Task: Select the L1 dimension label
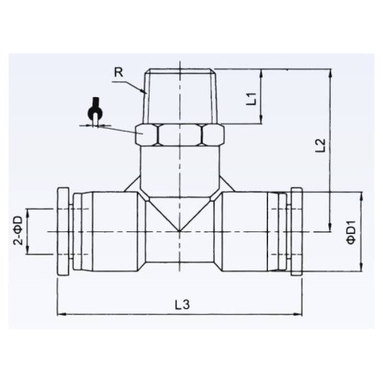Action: pos(251,96)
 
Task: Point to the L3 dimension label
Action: pos(182,304)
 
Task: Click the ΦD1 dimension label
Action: pos(350,232)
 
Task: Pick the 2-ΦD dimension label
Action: pos(18,232)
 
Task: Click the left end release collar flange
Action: pos(63,232)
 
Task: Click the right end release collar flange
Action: pos(296,232)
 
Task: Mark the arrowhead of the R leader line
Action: pos(144,93)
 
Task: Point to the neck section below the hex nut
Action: pos(181,167)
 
